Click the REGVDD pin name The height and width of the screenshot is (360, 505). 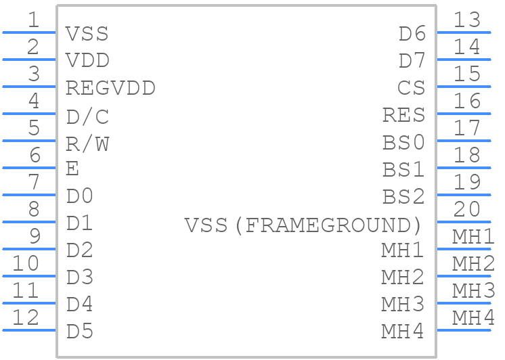[x=110, y=88]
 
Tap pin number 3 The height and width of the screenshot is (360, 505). [x=34, y=74]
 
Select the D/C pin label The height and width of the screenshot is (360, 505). [x=87, y=116]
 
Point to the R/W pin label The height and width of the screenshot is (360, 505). [x=87, y=144]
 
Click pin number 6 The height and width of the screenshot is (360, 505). [x=35, y=155]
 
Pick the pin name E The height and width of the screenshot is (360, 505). [x=72, y=168]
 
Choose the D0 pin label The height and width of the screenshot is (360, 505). [x=80, y=196]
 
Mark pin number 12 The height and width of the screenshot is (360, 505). [x=26, y=317]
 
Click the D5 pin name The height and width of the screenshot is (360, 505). [x=80, y=332]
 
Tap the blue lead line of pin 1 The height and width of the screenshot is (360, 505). [x=29, y=32]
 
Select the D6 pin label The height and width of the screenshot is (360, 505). [x=412, y=33]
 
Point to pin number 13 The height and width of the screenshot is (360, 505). [x=467, y=20]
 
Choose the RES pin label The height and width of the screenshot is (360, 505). [x=404, y=115]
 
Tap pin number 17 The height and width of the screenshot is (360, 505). [x=467, y=128]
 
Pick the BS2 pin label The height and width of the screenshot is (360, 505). [x=403, y=196]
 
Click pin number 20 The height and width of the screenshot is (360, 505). [x=467, y=209]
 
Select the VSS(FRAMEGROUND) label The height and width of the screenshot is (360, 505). [x=303, y=225]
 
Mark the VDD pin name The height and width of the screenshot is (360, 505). [x=87, y=60]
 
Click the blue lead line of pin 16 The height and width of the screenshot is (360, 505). [x=464, y=114]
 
